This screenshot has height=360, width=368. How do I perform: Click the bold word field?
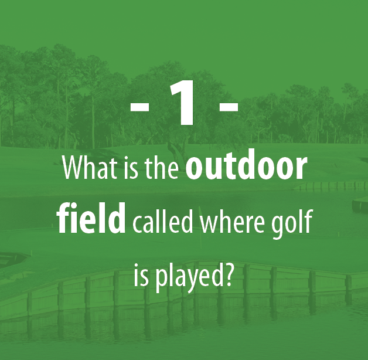coord(91,218)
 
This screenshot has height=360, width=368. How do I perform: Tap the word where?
coord(232,222)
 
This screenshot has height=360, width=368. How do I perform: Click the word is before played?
coord(141,275)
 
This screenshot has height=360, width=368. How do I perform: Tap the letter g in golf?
coord(279,227)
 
